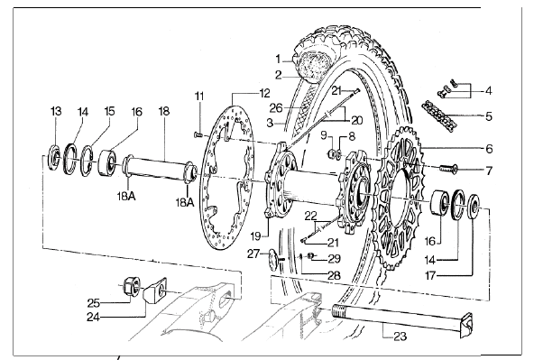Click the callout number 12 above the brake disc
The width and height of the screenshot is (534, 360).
tap(264, 93)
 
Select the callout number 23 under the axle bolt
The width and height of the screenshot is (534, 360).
tap(400, 337)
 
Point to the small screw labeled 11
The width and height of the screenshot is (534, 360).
tap(198, 135)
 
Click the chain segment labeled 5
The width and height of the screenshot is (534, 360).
tap(438, 115)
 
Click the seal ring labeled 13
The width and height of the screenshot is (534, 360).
tap(54, 157)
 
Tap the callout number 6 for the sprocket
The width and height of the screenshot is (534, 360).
tap(489, 149)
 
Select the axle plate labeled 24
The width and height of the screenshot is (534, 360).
tap(154, 290)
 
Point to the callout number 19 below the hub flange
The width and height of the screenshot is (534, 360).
tap(256, 236)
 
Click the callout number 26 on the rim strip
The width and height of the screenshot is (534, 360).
tap(276, 108)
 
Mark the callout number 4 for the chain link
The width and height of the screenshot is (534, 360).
tap(489, 91)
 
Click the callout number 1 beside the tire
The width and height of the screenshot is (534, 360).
tap(278, 60)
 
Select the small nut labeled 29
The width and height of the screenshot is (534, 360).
tap(310, 255)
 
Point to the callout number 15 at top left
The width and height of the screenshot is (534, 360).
tap(109, 111)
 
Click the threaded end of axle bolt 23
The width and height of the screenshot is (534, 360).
tap(339, 312)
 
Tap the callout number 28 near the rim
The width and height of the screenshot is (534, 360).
tap(334, 275)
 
